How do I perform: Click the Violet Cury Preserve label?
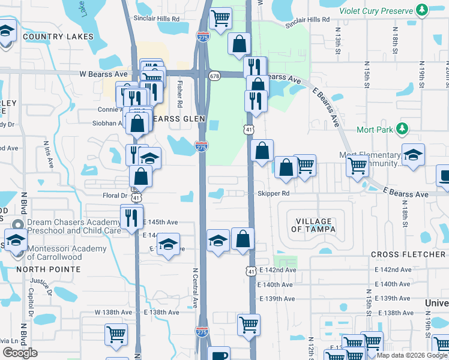[376, 11]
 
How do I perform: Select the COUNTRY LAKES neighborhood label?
[58, 37]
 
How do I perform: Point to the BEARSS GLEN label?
[178, 119]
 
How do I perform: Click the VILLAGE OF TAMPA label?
[312, 226]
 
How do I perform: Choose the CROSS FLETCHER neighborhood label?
[409, 254]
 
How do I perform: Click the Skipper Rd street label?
[274, 194]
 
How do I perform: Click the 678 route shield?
[214, 76]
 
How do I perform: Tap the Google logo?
[20, 353]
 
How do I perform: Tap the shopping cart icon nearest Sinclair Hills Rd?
[221, 18]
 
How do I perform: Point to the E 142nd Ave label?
[278, 270]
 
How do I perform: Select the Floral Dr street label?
[115, 196]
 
